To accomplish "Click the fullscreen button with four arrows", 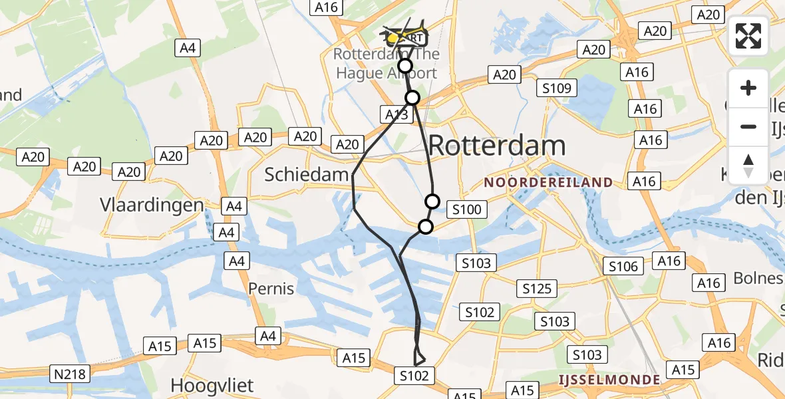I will click(748, 35).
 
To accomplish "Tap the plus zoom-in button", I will click(748, 88).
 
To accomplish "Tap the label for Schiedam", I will click(307, 174).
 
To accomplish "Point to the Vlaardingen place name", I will click(152, 204).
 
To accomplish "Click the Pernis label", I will click(271, 289).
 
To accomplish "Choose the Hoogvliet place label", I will click(213, 385).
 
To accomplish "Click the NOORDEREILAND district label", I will click(548, 182).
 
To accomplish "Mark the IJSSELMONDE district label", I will click(609, 380).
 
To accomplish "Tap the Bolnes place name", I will click(758, 277).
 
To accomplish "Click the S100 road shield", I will click(466, 210).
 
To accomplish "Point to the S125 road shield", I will click(536, 289).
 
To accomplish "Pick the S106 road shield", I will click(623, 267).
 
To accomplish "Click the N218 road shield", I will click(71, 374).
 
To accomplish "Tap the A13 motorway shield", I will click(397, 114).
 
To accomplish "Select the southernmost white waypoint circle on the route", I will click(425, 227).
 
